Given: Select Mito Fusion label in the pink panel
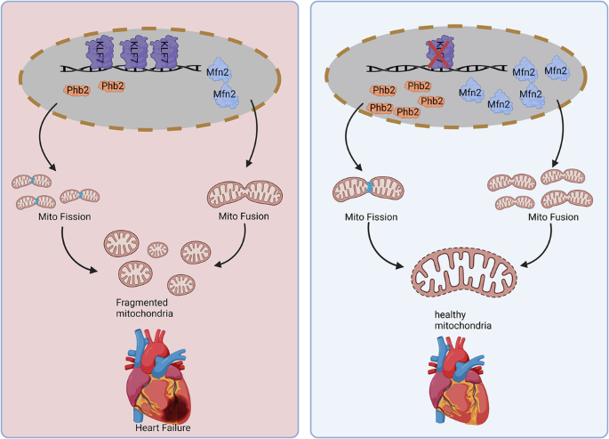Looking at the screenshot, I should point(236,215).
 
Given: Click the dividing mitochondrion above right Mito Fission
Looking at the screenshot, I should point(366,189).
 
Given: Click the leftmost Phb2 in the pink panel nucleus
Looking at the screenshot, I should point(76,91).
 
